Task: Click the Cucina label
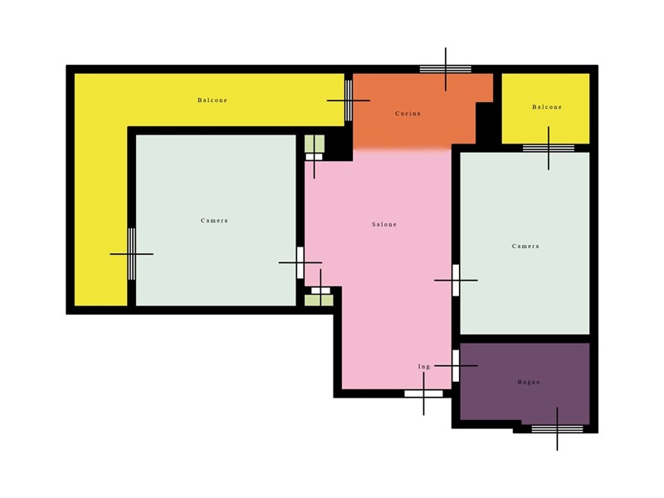tap(408, 114)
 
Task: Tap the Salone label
tap(384, 224)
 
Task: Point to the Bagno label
tap(529, 382)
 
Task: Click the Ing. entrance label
tap(424, 367)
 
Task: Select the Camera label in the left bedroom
tap(214, 221)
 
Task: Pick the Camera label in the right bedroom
tap(525, 246)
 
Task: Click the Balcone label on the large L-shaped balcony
tap(212, 100)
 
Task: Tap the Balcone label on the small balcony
tap(547, 107)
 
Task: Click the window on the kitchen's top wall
tap(446, 69)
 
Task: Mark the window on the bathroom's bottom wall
tap(557, 429)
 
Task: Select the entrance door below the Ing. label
tap(423, 393)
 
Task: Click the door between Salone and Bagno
tap(456, 366)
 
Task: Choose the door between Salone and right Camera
tap(456, 281)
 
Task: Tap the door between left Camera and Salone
tap(300, 263)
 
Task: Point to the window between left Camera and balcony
tap(132, 254)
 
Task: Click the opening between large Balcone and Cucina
tap(349, 100)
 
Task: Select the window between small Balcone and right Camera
tap(549, 149)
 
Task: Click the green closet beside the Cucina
tap(315, 144)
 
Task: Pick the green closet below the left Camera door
tap(319, 300)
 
